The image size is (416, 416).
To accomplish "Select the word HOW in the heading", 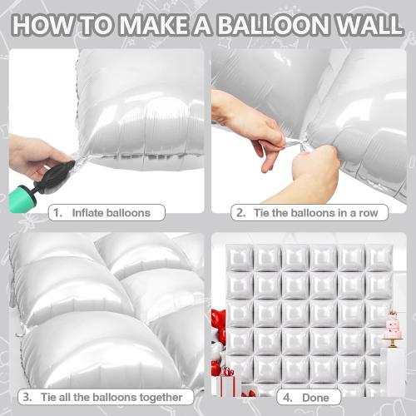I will [x=42, y=25].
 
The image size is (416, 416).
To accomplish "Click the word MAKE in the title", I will [x=141, y=25].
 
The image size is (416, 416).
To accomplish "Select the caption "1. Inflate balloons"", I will [x=103, y=213].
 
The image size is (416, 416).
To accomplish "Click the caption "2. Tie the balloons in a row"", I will [x=307, y=213].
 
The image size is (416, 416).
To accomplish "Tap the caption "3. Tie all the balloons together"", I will [x=103, y=396].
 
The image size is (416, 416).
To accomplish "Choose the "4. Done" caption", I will [x=307, y=396].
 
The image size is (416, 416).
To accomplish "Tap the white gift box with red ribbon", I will [x=226, y=384].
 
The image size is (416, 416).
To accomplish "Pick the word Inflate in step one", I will [x=89, y=213].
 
